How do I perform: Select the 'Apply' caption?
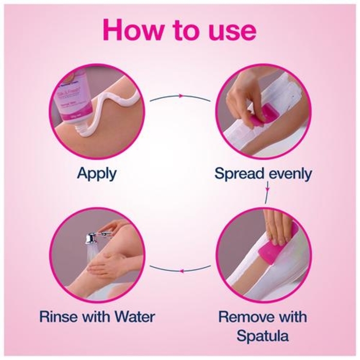click(96, 173)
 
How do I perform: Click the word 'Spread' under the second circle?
click(238, 174)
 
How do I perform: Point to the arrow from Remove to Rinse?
click(180, 268)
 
